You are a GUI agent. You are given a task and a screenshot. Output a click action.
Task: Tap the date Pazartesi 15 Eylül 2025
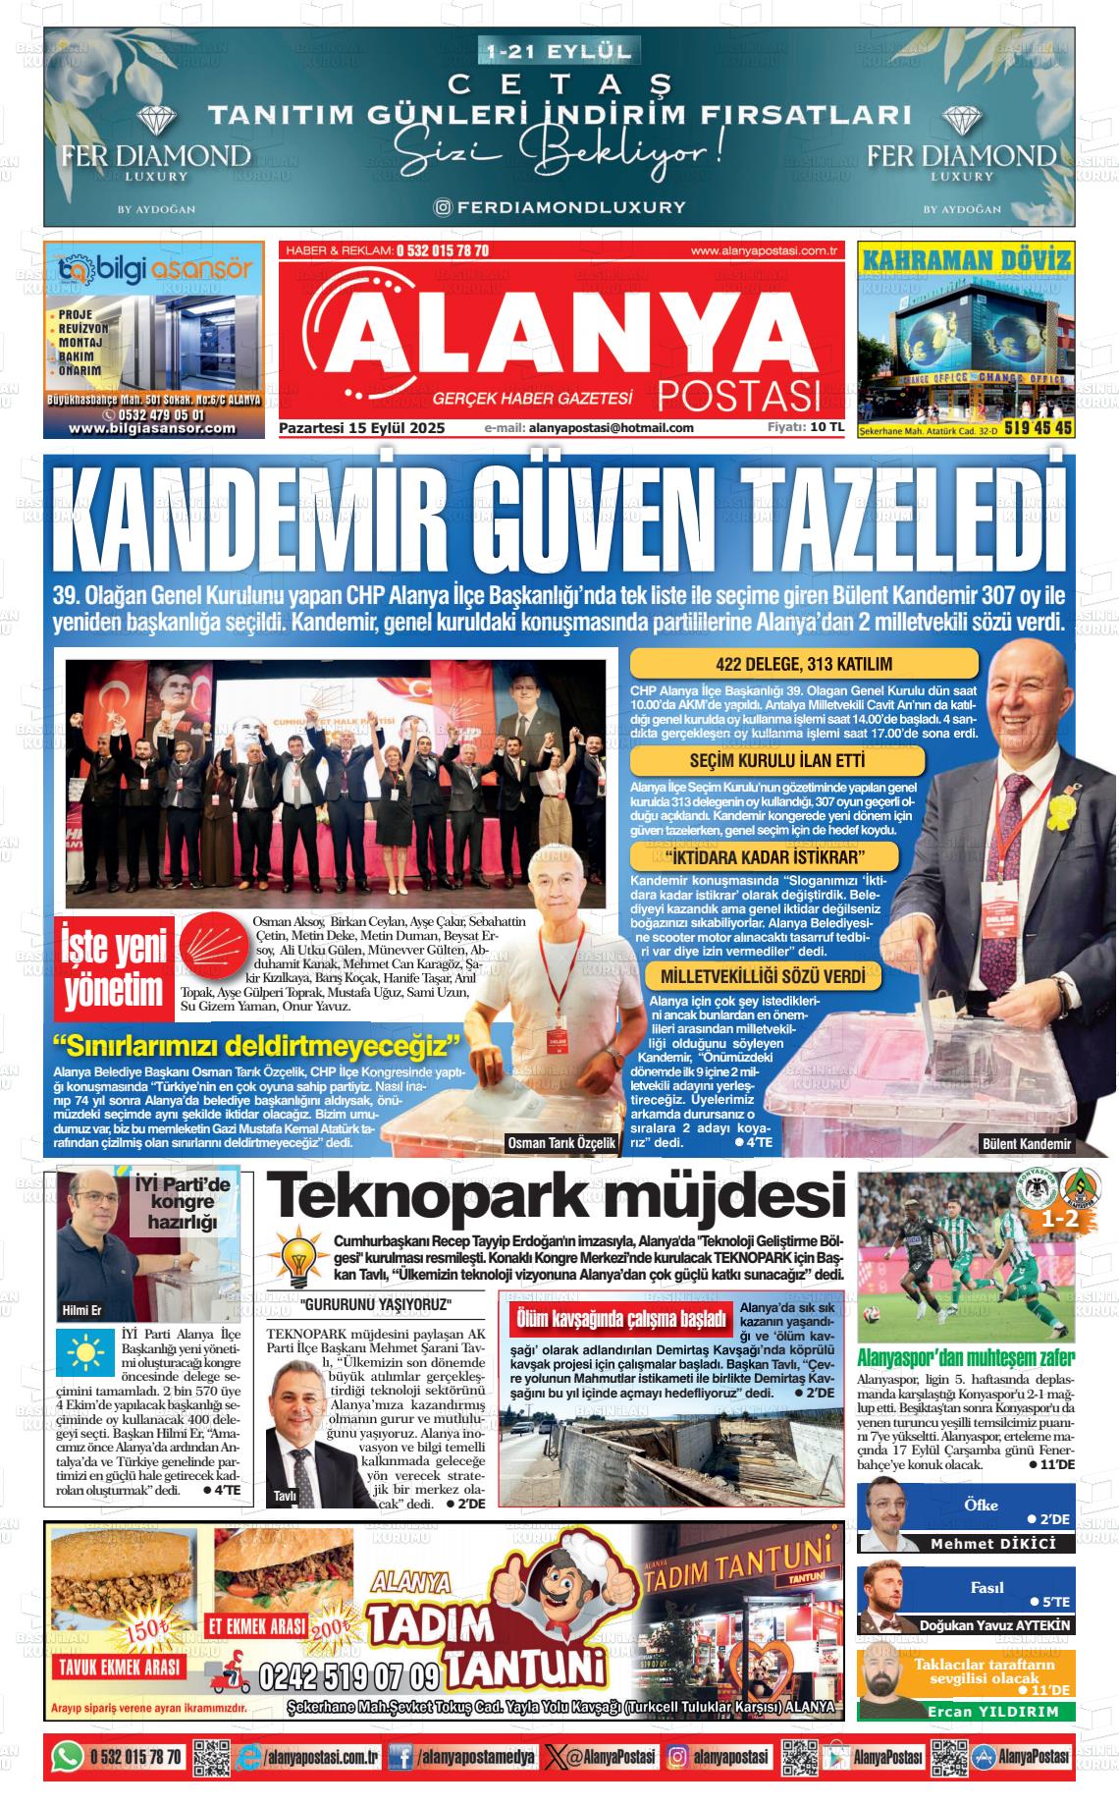(362, 428)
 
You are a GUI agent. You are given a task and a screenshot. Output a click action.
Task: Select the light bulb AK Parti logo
(296, 1256)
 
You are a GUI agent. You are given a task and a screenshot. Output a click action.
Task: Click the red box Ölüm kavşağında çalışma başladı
(621, 1319)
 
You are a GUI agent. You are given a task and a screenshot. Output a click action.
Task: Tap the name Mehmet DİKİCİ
(993, 1544)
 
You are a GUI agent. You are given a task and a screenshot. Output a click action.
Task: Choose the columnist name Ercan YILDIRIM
(993, 1711)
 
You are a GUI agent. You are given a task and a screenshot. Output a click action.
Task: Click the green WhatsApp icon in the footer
(66, 1757)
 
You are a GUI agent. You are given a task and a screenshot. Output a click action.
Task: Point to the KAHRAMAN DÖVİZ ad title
(965, 259)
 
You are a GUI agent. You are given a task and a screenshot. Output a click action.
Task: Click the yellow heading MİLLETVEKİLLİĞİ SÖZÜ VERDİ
(763, 976)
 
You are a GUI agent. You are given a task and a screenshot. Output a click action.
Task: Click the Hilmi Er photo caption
(82, 1311)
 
